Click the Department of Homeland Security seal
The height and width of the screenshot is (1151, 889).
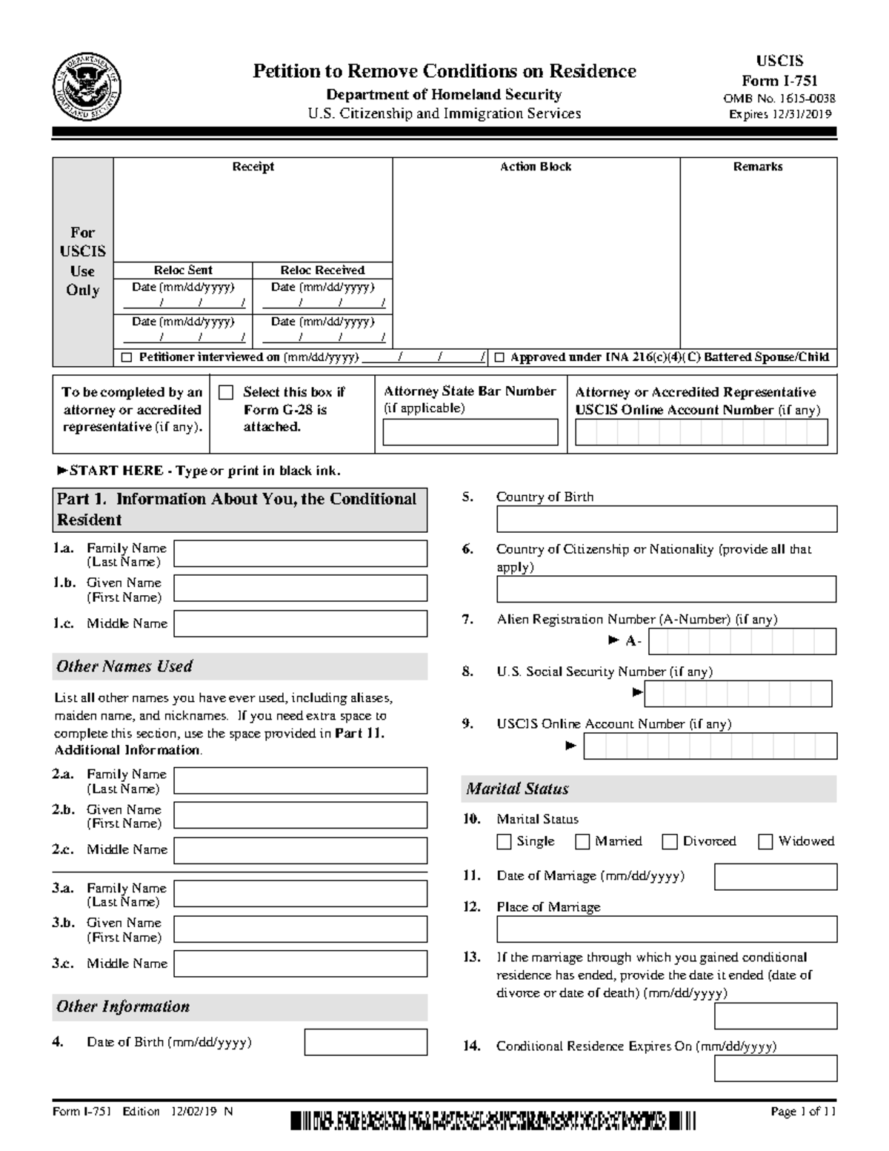(87, 87)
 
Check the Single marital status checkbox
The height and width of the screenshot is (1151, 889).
(505, 841)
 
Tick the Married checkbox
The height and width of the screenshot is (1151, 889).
(582, 841)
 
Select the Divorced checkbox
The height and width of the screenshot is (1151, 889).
(670, 841)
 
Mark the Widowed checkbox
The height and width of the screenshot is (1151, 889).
(765, 841)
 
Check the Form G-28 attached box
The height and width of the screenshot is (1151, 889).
(226, 393)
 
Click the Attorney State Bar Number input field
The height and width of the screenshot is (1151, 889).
(470, 432)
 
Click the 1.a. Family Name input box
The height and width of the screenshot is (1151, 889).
(300, 554)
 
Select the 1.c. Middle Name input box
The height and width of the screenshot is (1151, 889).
(300, 623)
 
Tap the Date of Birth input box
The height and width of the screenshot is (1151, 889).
(365, 1042)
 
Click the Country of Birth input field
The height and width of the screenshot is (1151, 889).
(666, 519)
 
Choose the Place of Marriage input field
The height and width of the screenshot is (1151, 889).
(666, 929)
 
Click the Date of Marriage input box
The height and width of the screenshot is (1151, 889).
(775, 876)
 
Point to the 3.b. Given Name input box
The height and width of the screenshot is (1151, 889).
(300, 929)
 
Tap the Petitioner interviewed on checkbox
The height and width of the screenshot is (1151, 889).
(127, 358)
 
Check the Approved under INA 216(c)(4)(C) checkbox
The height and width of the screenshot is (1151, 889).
(499, 358)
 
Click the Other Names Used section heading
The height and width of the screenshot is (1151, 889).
(124, 666)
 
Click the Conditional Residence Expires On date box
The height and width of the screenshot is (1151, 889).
(775, 1068)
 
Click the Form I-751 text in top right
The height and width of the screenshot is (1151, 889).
(779, 81)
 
